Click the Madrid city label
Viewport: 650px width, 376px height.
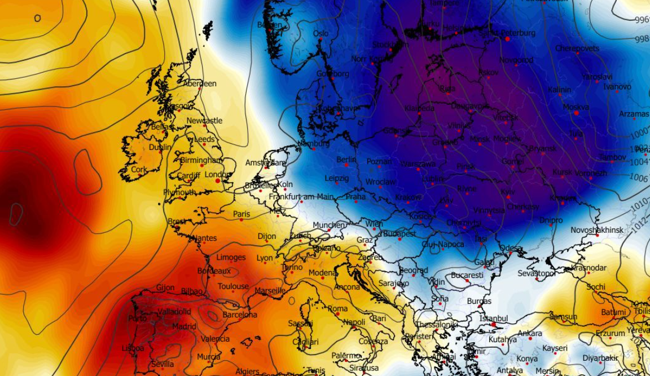pos(184,326)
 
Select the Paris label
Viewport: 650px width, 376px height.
pos(241,214)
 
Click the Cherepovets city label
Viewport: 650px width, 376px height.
pos(577,48)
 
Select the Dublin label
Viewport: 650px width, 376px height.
pos(160,147)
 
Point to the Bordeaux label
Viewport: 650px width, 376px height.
pos(214,271)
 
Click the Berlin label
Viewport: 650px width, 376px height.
pos(346,160)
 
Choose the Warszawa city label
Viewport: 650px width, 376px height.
pos(418,164)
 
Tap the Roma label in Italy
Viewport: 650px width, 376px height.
pos(337,308)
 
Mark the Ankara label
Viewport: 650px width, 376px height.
pos(530,333)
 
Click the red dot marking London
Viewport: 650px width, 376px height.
pos(217,181)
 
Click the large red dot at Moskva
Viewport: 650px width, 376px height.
pos(576,113)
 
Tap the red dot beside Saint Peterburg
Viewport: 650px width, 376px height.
pos(507,39)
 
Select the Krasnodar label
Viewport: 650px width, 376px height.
pos(589,268)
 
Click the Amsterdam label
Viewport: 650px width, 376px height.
pos(265,163)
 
